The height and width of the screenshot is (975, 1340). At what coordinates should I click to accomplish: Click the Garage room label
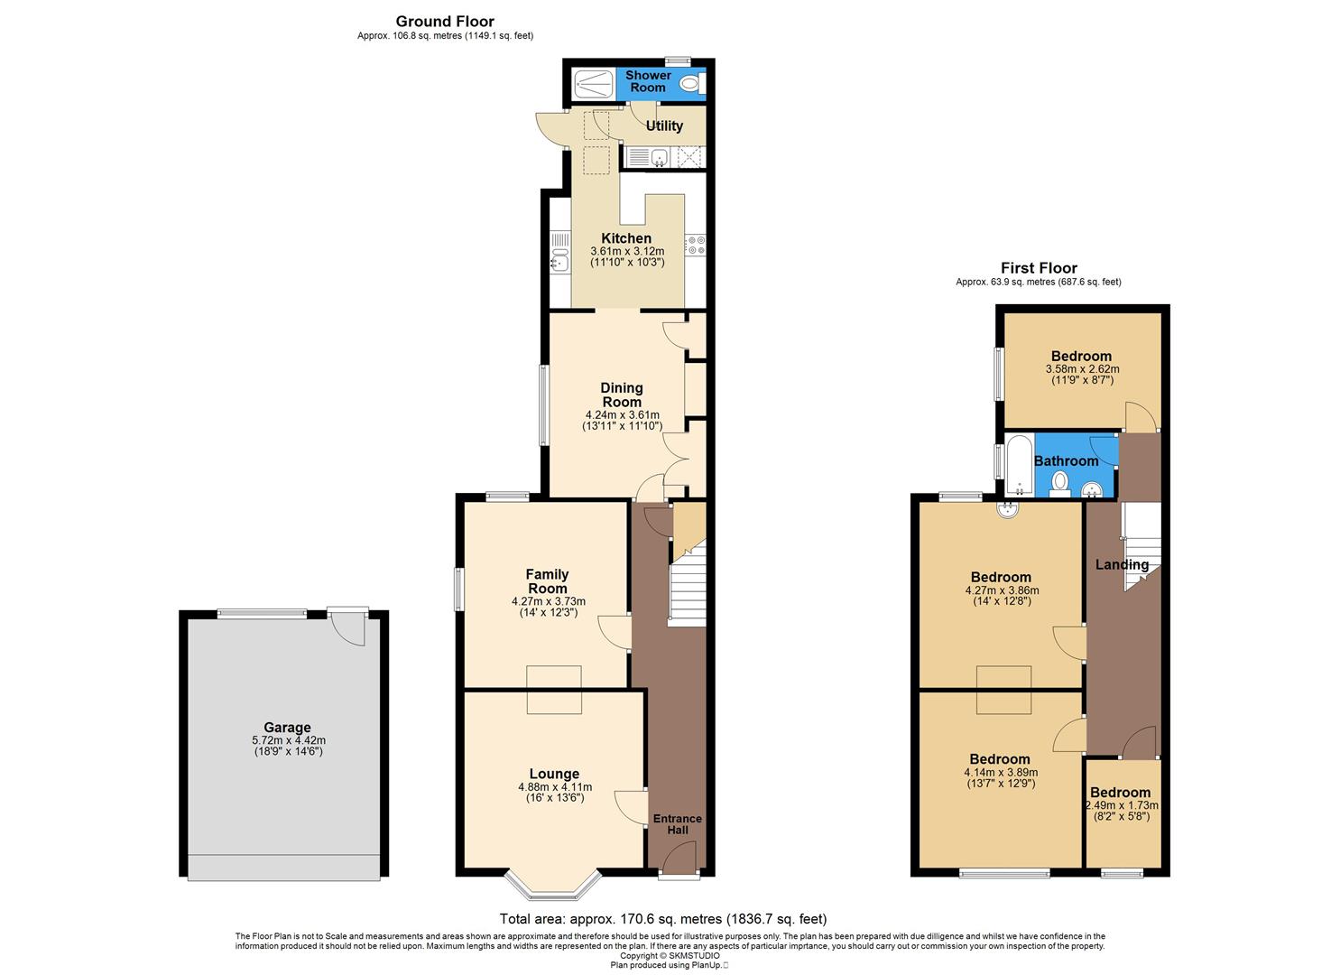(x=287, y=728)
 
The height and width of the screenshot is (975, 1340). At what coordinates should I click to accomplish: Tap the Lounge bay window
(x=552, y=887)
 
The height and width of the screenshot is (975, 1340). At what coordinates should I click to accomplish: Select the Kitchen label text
(x=626, y=238)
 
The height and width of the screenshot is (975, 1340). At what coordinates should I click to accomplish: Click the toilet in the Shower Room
(x=689, y=84)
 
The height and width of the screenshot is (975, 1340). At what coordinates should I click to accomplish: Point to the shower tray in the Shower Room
(x=594, y=84)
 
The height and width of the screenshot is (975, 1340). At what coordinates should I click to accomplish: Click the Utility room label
(x=664, y=125)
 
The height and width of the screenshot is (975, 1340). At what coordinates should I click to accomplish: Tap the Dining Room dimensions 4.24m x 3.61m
(x=622, y=415)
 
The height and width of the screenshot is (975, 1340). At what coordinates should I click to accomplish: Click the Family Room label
(x=548, y=580)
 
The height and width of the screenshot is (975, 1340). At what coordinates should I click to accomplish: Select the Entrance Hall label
(x=677, y=824)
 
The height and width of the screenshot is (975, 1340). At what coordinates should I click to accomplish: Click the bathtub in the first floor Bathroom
(x=1019, y=465)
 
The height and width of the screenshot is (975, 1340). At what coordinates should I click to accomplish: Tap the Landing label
(x=1122, y=565)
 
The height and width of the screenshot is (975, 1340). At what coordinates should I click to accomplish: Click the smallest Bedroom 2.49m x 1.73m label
(x=1121, y=793)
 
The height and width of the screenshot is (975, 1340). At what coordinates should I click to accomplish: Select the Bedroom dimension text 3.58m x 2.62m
(x=1081, y=368)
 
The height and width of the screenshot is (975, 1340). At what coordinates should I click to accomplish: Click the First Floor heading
(x=1039, y=268)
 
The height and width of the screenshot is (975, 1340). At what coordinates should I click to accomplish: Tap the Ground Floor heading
(x=445, y=22)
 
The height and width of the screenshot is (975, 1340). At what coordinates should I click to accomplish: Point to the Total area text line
(x=662, y=919)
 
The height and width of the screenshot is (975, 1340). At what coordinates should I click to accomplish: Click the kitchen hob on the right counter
(x=696, y=245)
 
